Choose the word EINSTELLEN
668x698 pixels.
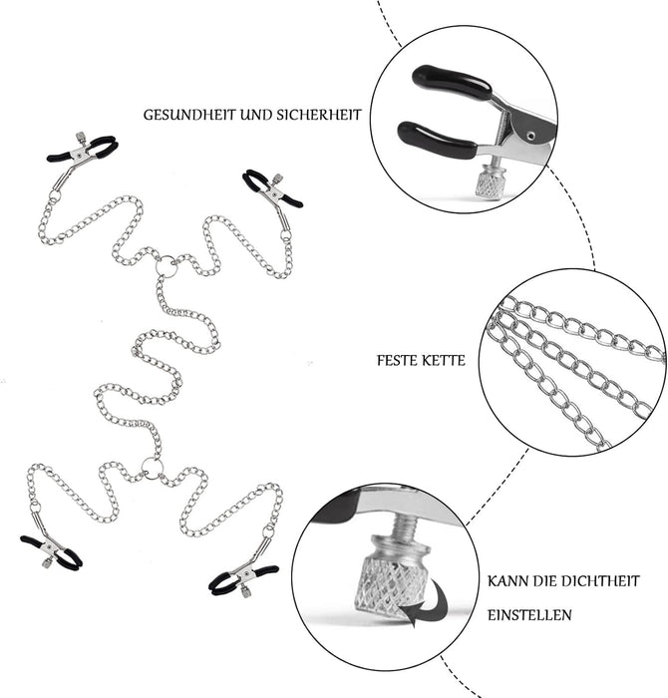(x=529, y=616)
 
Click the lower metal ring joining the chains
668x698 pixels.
(x=151, y=465)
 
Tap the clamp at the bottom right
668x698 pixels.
(x=242, y=575)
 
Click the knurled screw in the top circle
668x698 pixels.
(x=490, y=181)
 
